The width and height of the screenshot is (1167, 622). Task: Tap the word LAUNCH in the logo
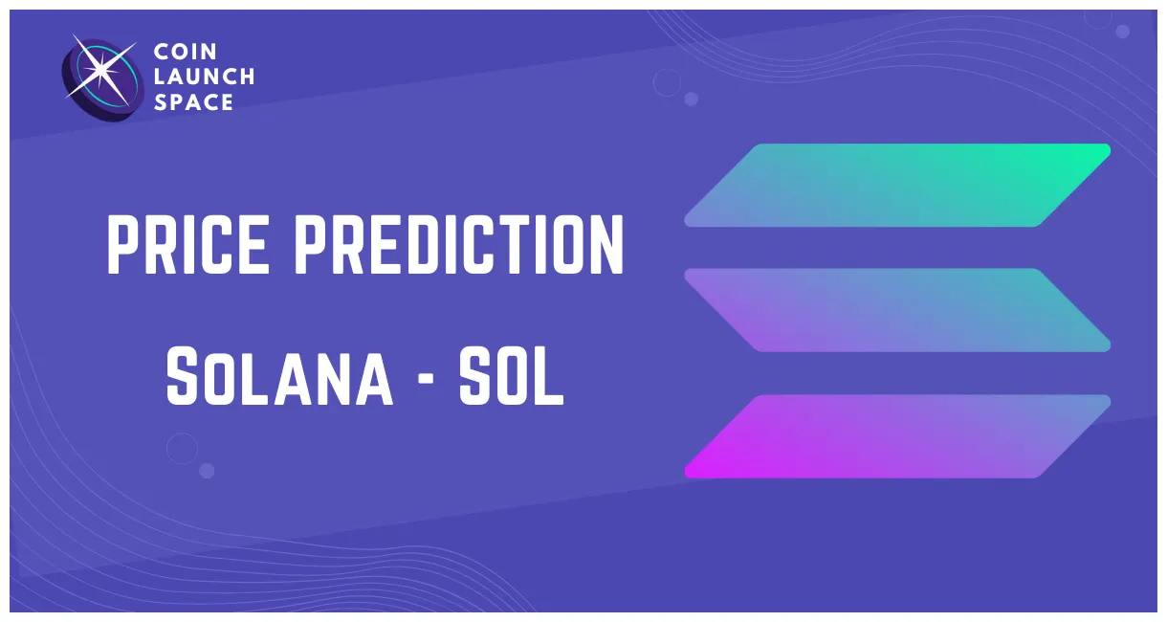(x=204, y=78)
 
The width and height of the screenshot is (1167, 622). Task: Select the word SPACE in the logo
(x=193, y=102)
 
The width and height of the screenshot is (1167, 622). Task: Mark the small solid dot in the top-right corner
(x=1122, y=32)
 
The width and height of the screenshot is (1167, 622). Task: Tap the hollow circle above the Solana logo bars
(x=667, y=83)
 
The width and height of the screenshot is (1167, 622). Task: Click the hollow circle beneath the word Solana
(x=182, y=448)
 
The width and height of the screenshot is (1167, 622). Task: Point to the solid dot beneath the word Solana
(x=207, y=470)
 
